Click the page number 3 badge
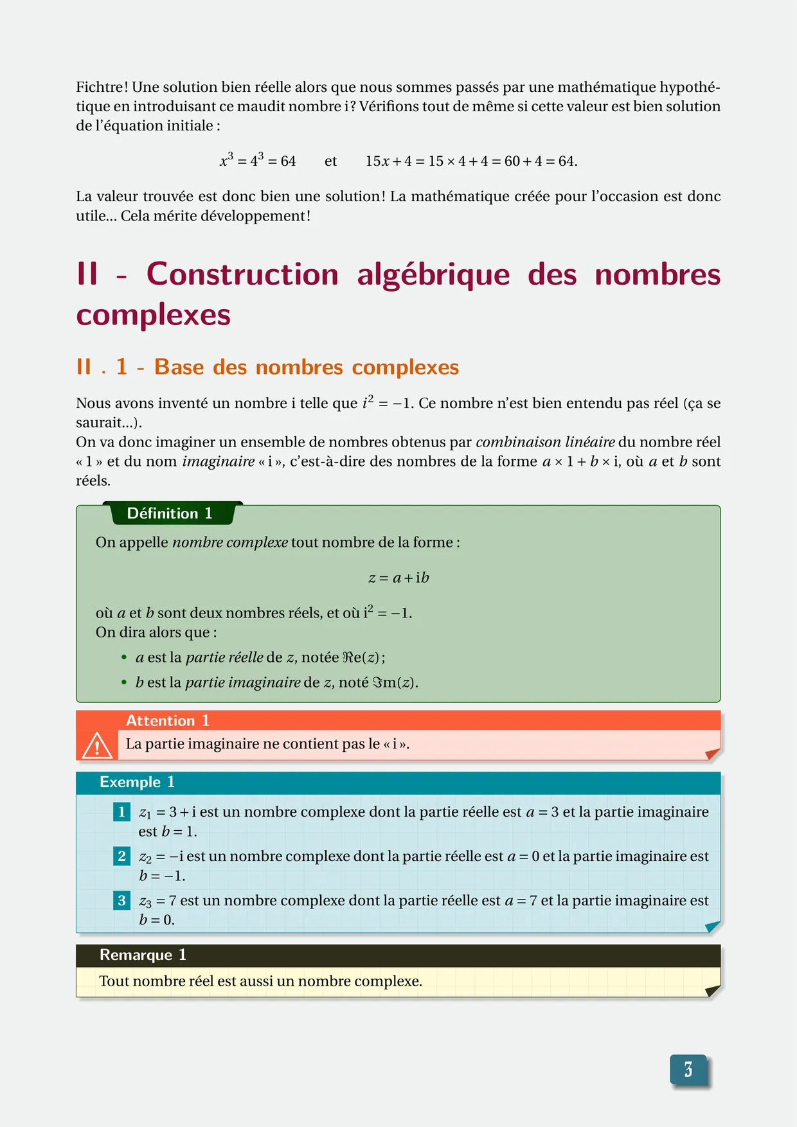(688, 1070)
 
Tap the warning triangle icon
(97, 745)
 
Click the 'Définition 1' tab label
(170, 513)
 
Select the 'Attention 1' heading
(168, 720)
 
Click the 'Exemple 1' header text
(137, 782)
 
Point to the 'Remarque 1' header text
(143, 955)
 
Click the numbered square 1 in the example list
(121, 812)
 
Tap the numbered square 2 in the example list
(121, 856)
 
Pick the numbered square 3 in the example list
(121, 900)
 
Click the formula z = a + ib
(398, 578)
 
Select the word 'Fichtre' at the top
(100, 87)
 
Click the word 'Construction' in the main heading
(242, 274)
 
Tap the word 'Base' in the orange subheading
(179, 367)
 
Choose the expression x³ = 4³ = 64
(258, 161)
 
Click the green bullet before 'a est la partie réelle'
(124, 658)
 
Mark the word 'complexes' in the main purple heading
(153, 315)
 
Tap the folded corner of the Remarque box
(712, 991)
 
